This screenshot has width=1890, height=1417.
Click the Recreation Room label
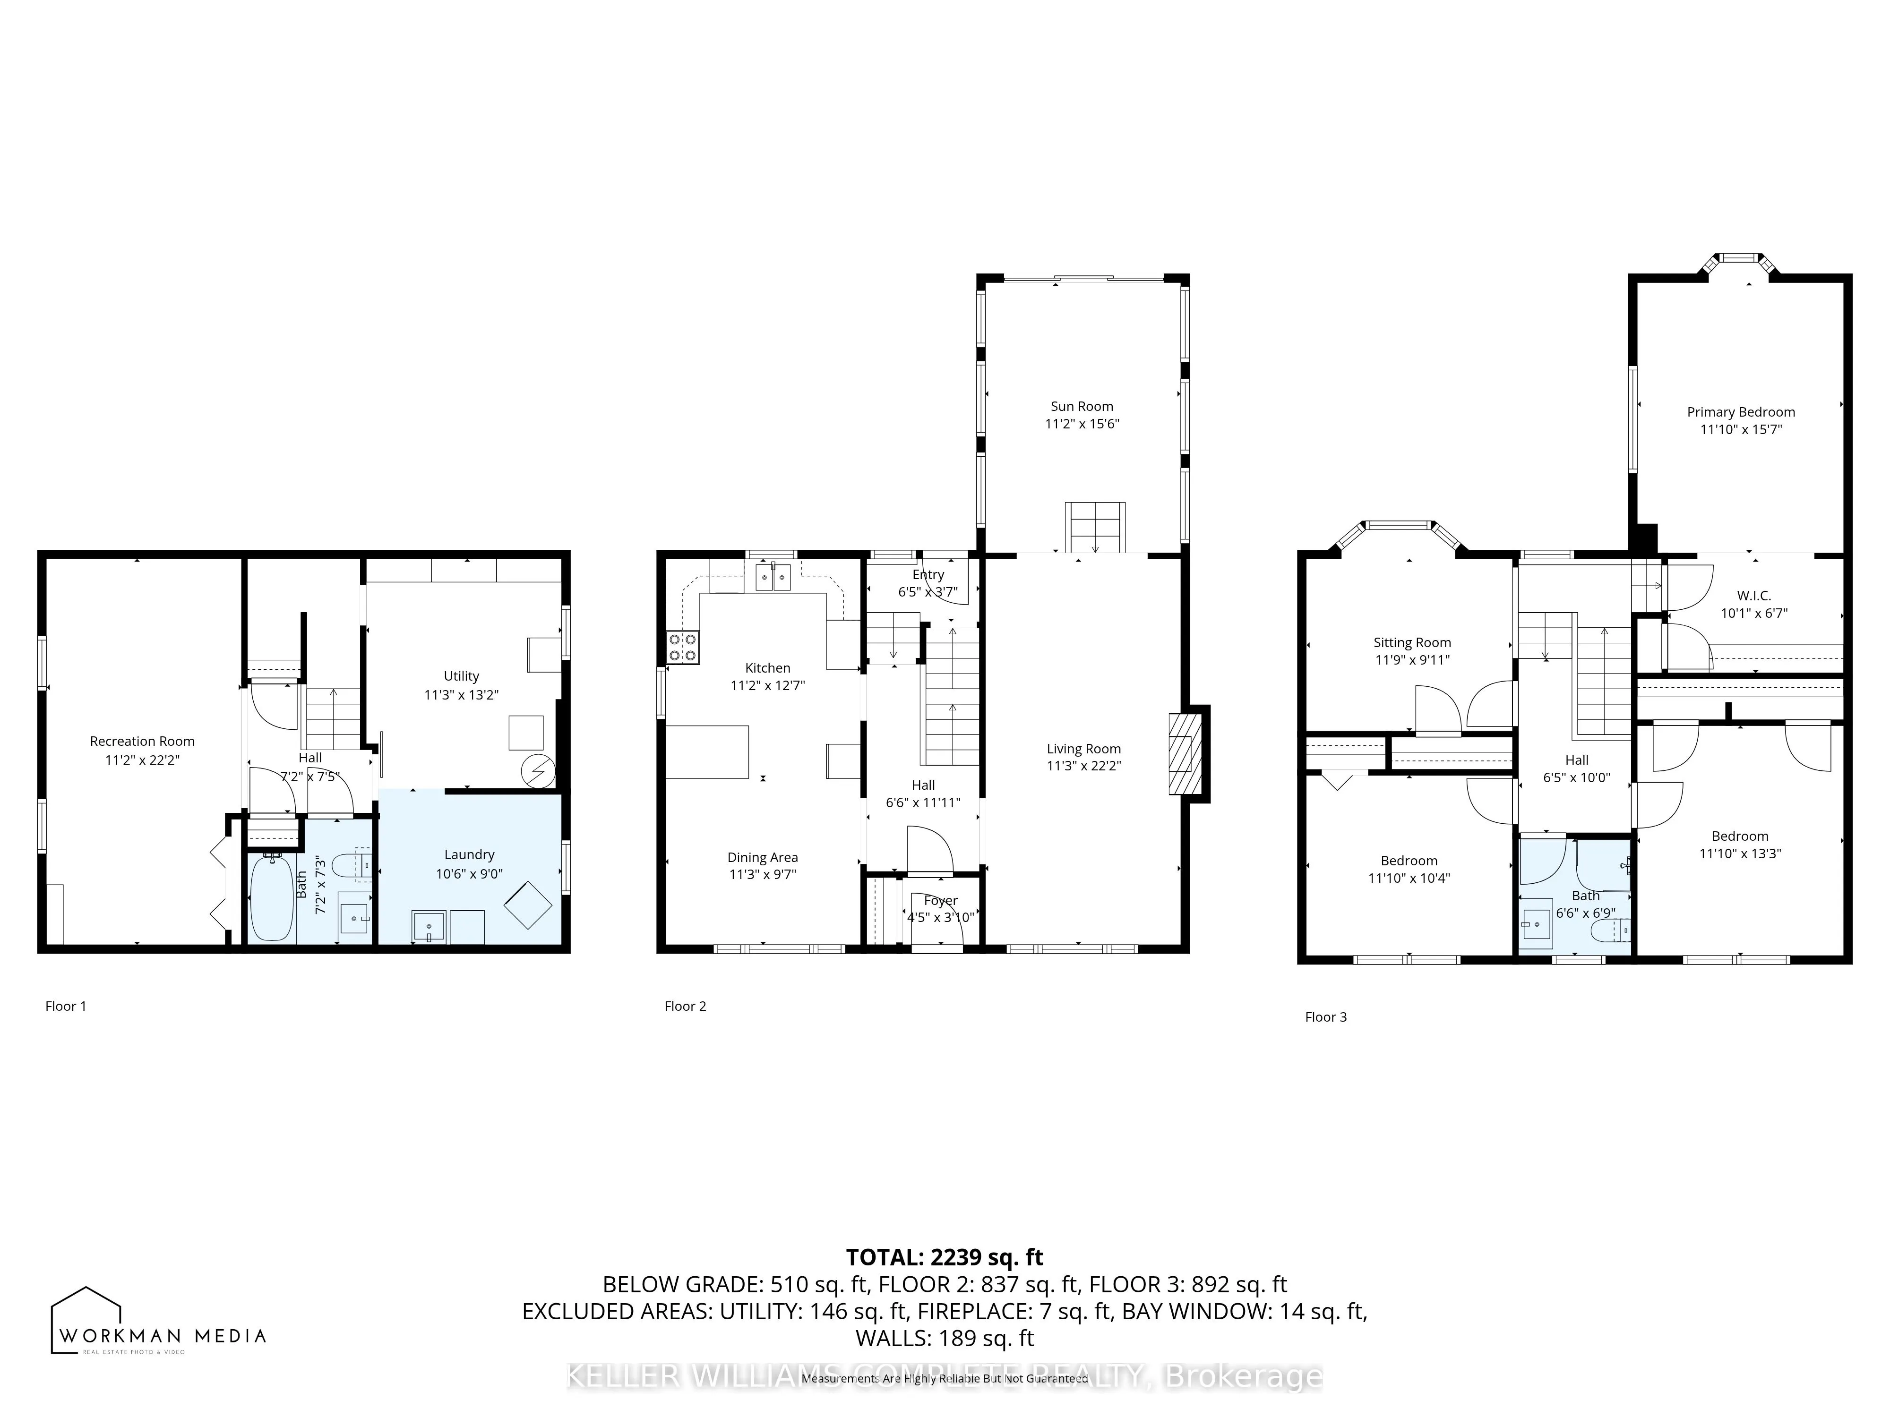click(x=142, y=742)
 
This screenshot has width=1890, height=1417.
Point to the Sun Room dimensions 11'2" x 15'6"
click(x=1082, y=424)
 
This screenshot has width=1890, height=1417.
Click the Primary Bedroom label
click(x=1741, y=412)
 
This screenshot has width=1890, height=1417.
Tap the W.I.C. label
click(x=1753, y=595)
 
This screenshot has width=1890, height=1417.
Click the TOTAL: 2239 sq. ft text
click(x=944, y=1257)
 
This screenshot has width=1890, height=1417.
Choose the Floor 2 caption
click(x=685, y=1006)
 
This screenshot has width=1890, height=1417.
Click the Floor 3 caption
click(x=1325, y=1016)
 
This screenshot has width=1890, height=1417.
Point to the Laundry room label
click(x=469, y=854)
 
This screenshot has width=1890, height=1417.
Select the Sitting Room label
click(x=1411, y=642)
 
